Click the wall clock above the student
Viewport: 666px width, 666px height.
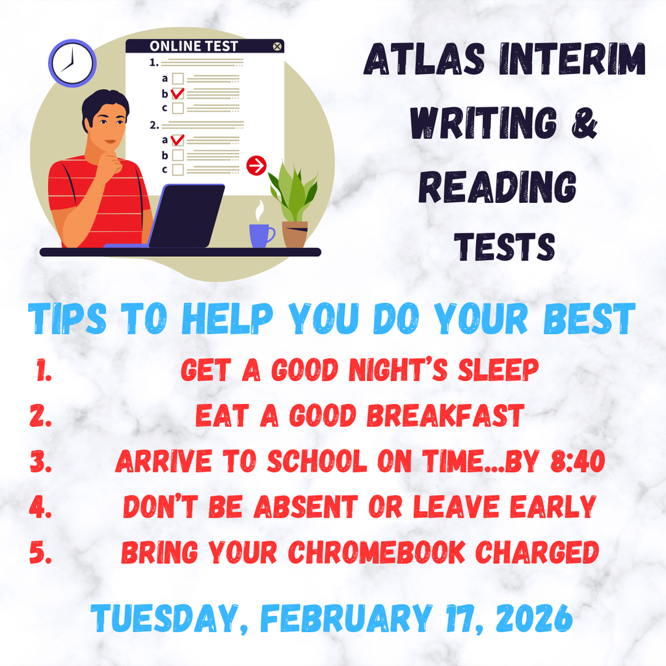click(x=72, y=63)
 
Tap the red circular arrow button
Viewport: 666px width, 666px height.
click(x=256, y=165)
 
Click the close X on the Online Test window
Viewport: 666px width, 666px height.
click(x=277, y=46)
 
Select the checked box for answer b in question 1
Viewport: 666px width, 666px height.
click(x=178, y=93)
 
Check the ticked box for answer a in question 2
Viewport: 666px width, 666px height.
click(x=178, y=140)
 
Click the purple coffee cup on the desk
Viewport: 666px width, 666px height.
click(x=261, y=235)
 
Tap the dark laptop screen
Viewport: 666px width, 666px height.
click(x=187, y=215)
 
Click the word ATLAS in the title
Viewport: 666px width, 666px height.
click(x=424, y=59)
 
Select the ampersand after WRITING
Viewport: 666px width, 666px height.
click(x=585, y=123)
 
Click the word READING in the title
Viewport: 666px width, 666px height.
click(x=498, y=187)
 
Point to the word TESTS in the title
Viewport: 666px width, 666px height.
click(x=505, y=246)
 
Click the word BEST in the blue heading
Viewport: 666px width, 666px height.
click(x=589, y=319)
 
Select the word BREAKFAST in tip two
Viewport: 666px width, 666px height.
click(x=446, y=416)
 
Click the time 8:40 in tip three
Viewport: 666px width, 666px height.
click(x=578, y=461)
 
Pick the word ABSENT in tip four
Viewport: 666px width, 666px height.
click(x=306, y=507)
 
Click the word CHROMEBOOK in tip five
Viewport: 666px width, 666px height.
click(x=377, y=552)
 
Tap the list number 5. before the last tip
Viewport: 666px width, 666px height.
click(x=41, y=553)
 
